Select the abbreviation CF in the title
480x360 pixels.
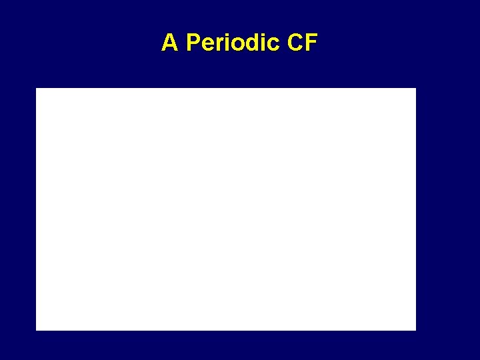coord(303,43)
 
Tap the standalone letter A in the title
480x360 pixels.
coord(169,43)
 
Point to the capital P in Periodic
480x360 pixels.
coord(193,43)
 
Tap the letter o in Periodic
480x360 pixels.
coord(235,45)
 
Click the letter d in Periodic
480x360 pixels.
coord(250,43)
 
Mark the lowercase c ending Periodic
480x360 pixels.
coord(271,45)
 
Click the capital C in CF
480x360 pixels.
coord(295,43)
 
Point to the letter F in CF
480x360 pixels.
coord(311,43)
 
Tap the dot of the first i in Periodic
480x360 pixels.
coord(225,35)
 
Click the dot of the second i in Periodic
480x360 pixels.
coord(260,35)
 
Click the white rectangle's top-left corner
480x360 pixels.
coord(37,89)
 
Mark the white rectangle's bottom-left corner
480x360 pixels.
coord(37,329)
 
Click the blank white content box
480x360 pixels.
coord(226,209)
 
